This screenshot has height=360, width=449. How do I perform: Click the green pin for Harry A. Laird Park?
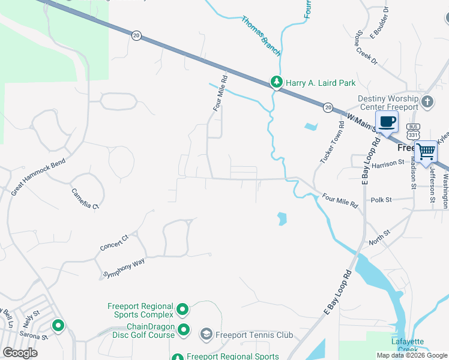tap(276, 82)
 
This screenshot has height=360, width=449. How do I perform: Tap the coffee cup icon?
tap(387, 122)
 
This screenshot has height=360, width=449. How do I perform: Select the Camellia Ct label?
tap(85, 198)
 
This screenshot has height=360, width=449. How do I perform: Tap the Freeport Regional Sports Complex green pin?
tap(182, 310)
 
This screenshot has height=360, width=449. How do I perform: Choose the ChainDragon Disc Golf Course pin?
tap(184, 331)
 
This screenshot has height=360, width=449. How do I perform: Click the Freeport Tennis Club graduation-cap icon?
tap(206, 334)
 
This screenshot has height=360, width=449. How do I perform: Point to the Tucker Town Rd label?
tap(332, 143)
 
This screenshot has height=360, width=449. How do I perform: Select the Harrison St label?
tap(388, 163)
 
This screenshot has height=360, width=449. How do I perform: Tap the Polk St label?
tap(381, 200)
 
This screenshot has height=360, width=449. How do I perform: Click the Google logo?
tap(20, 353)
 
